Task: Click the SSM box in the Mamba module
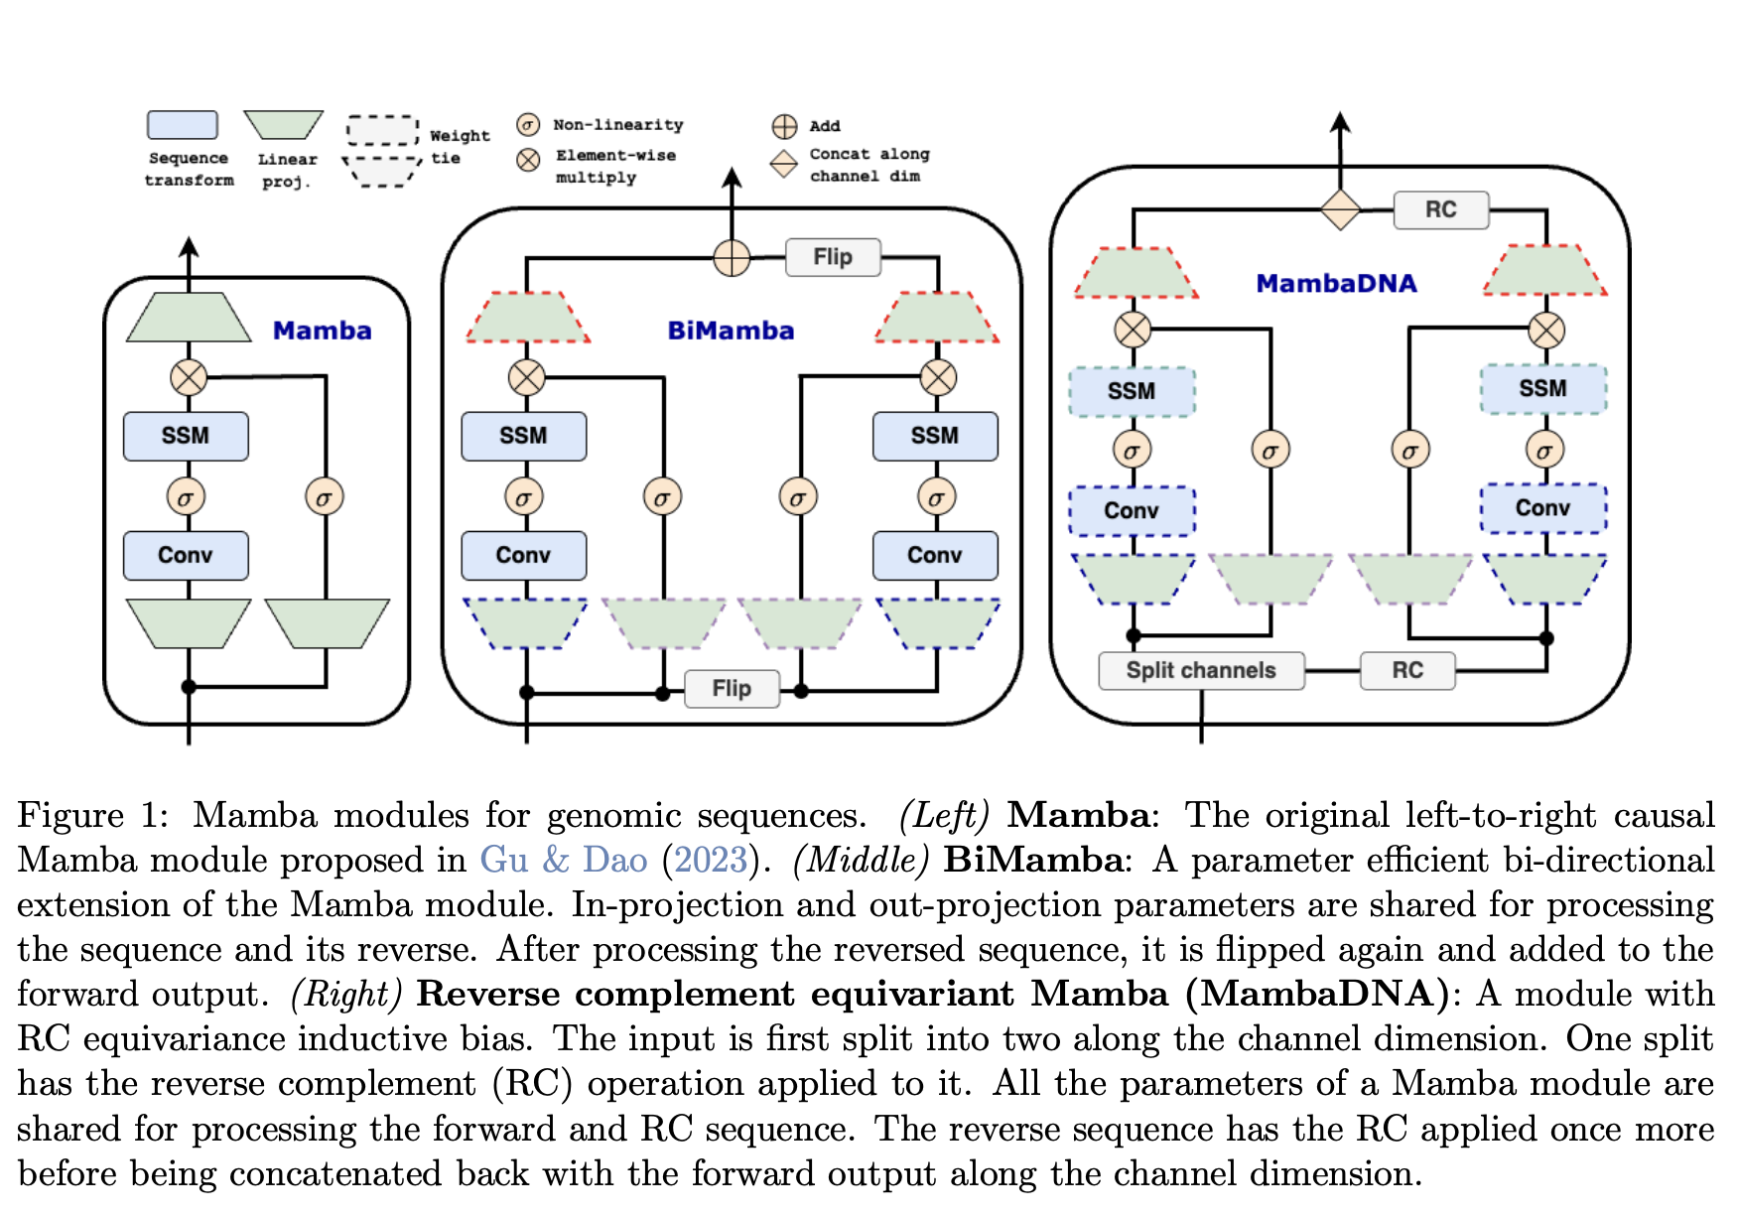(186, 436)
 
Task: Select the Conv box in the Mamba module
(186, 555)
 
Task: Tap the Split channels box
(1201, 670)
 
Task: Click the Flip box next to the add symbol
(833, 257)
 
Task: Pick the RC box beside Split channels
(1407, 670)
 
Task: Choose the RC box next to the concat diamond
(1441, 209)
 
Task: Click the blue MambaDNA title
(1336, 284)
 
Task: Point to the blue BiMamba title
(731, 331)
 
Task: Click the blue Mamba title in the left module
(322, 331)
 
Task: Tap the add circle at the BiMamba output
(732, 258)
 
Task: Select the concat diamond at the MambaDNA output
(1340, 209)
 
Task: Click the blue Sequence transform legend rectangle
(183, 125)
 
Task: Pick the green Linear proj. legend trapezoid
(284, 125)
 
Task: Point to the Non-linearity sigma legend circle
(528, 124)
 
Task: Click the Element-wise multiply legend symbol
(528, 159)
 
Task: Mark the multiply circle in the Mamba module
(189, 377)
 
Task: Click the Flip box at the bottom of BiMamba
(732, 688)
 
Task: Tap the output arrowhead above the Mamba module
(189, 245)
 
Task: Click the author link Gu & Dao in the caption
(563, 859)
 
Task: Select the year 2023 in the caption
(710, 859)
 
